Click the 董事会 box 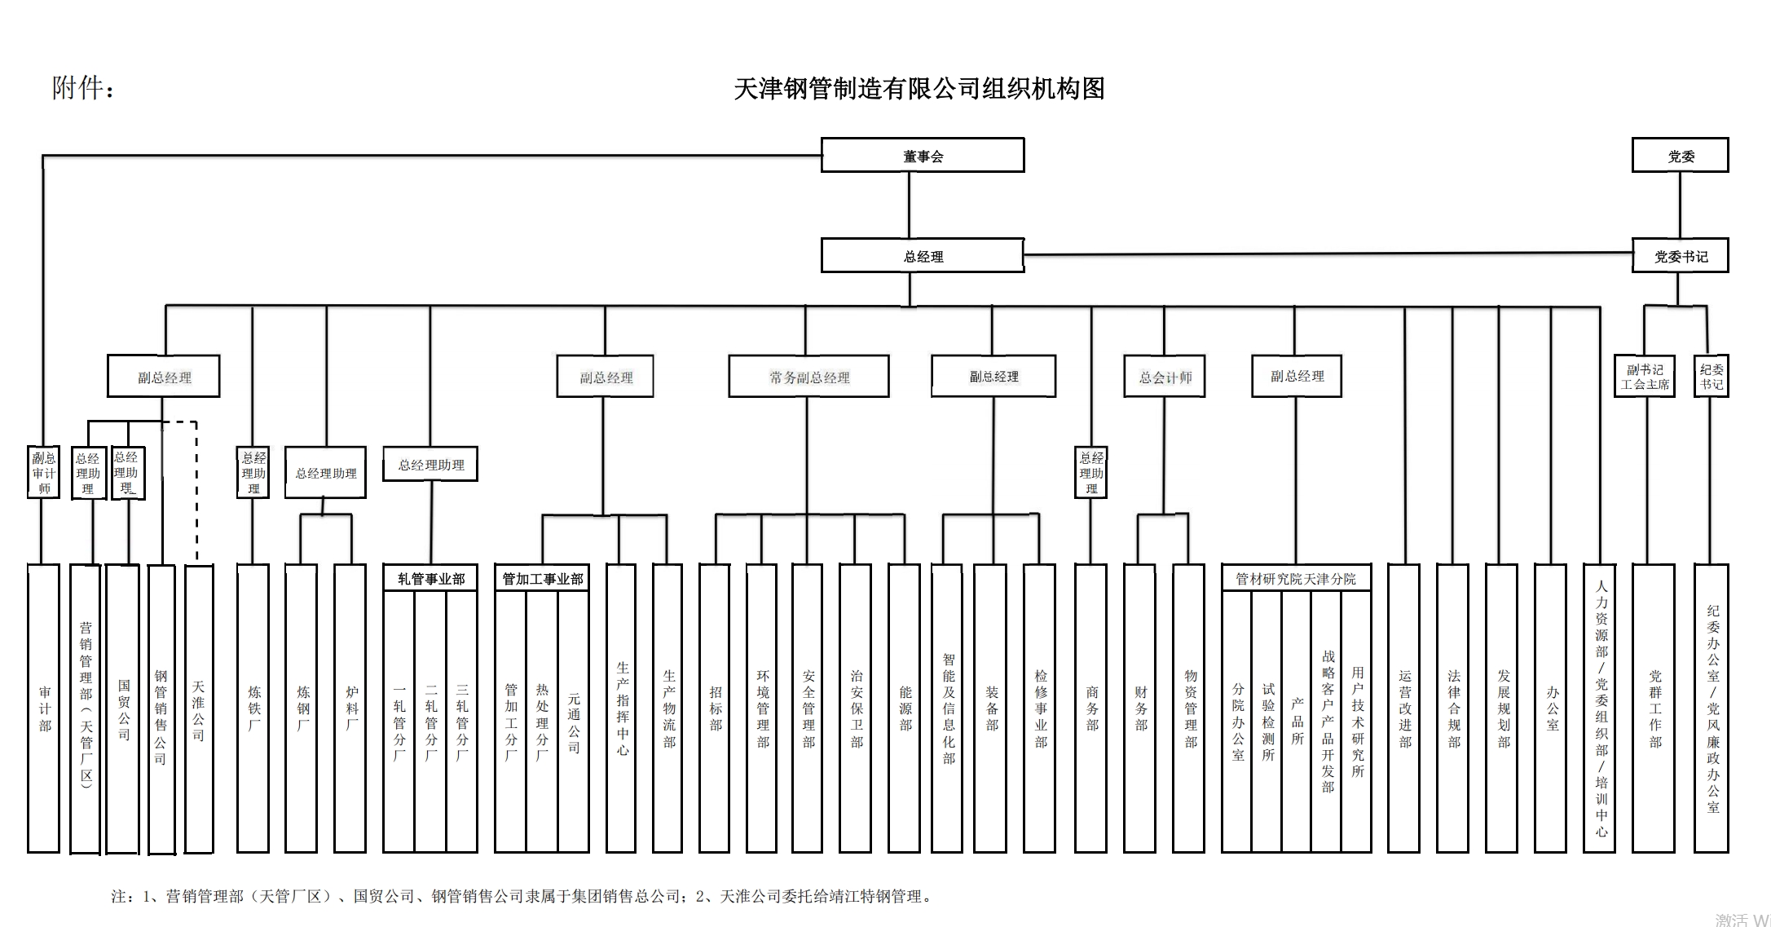[922, 155]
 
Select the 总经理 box [922, 255]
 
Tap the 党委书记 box [1680, 256]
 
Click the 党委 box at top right [1680, 155]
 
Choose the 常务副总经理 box [808, 377]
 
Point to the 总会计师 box [1164, 377]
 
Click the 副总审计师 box [44, 472]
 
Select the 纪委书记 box [1711, 376]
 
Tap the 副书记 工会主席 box [1645, 376]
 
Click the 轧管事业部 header [430, 578]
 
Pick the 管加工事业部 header [542, 578]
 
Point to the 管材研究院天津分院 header [1296, 578]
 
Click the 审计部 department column [44, 708]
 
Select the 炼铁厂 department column [253, 708]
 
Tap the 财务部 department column [1139, 708]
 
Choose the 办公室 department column [1551, 708]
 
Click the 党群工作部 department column [1654, 708]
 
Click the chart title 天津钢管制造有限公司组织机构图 [919, 88]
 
